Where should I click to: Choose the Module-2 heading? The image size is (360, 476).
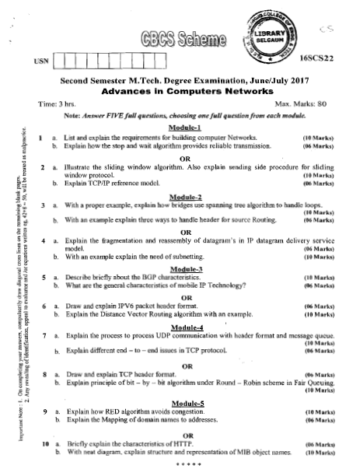click(x=185, y=198)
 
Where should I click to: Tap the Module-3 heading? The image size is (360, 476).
click(x=185, y=268)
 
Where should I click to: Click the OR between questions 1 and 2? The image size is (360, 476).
click(x=185, y=156)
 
